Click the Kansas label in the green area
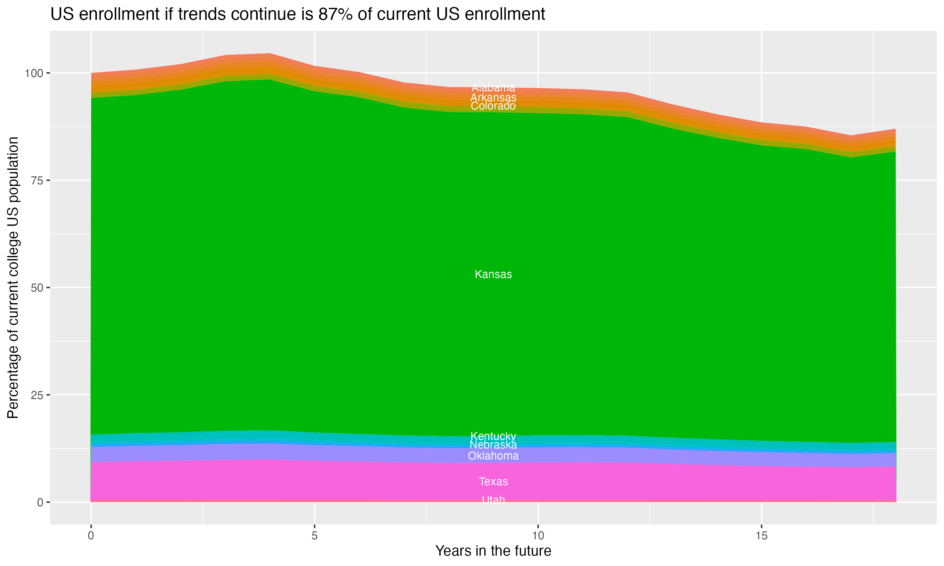(493, 274)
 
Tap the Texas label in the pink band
(493, 481)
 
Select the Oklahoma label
(493, 456)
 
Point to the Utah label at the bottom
(493, 500)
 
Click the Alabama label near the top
(493, 87)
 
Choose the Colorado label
(493, 106)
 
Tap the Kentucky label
(493, 436)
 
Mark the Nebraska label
(493, 445)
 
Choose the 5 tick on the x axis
(314, 536)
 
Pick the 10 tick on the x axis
(538, 536)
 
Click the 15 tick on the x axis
(761, 536)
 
